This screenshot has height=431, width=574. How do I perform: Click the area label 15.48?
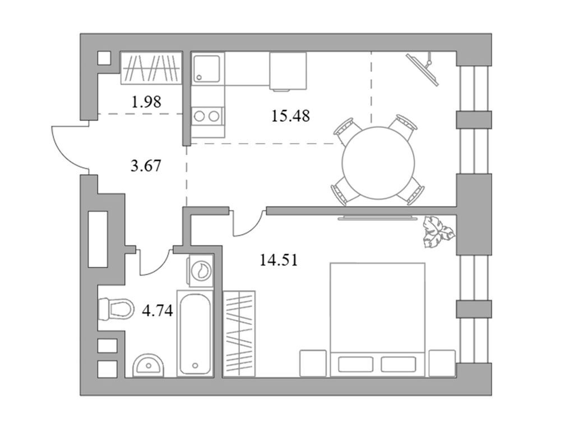290,116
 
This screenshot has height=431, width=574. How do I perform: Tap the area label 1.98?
146,102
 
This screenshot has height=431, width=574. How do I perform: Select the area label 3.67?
146,166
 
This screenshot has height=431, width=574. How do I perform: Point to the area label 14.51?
279,260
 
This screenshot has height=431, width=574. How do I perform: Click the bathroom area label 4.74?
158,311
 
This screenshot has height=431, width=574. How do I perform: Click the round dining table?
378,163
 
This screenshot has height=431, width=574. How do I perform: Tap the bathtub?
195,333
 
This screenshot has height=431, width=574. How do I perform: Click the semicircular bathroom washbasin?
148,365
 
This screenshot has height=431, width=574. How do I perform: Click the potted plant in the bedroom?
438,232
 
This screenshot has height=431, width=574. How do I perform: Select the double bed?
378,319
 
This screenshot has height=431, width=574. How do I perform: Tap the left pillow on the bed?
355,364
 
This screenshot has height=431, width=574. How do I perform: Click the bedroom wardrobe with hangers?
239,333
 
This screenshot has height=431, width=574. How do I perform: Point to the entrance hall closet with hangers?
151,68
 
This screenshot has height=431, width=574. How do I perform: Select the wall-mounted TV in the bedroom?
378,218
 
